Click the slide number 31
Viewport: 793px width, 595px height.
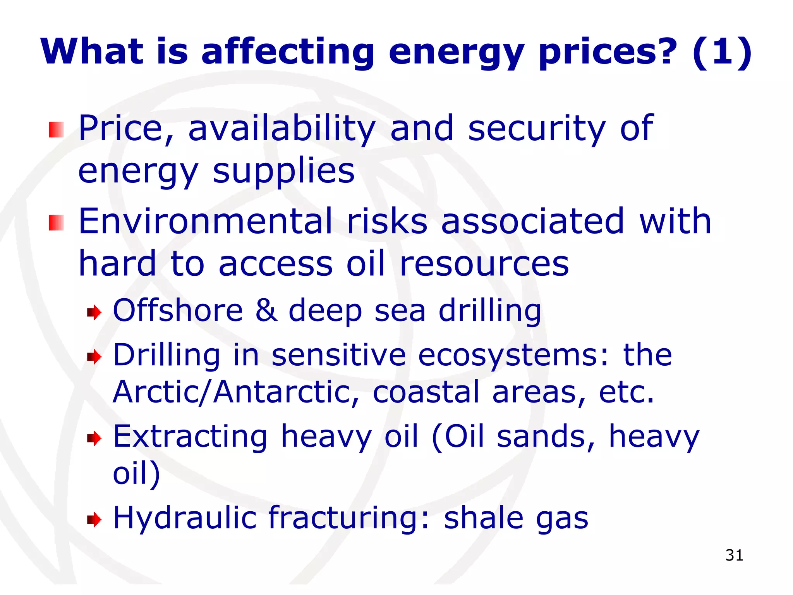[x=734, y=555]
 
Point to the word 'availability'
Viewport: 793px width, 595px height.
[x=282, y=129]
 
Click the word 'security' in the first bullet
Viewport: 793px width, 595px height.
[x=536, y=129]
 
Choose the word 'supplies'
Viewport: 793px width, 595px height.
[x=284, y=171]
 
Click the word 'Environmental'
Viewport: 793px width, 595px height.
[x=205, y=221]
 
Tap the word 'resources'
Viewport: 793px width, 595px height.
[x=484, y=264]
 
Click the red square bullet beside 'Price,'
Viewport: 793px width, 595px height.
[x=56, y=130]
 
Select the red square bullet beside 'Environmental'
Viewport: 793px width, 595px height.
[x=56, y=223]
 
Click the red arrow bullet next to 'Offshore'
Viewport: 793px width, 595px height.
[x=94, y=312]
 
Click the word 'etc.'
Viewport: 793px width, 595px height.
[x=627, y=392]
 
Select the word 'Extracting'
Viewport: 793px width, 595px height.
[x=190, y=437]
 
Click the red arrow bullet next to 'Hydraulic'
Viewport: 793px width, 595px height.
[x=94, y=519]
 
